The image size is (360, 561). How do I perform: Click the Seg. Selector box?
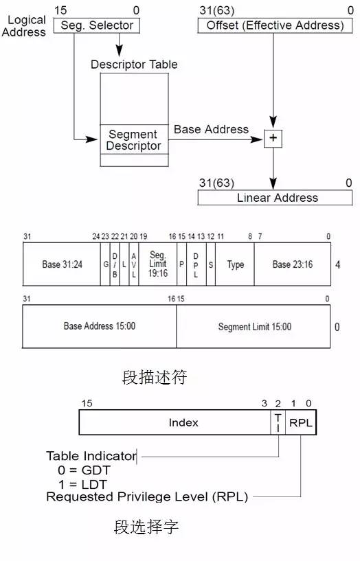[x=97, y=25]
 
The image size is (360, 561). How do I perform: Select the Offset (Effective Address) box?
[x=275, y=25]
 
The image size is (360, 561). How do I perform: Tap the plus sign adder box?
[x=273, y=139]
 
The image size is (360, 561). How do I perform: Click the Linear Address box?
[x=275, y=198]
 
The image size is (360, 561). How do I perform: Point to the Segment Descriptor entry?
[x=134, y=139]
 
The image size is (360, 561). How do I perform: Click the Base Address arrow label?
[x=211, y=129]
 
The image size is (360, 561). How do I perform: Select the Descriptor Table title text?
[x=134, y=65]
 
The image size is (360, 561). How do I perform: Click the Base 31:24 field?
[x=62, y=264]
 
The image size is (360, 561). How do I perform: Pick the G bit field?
[x=105, y=264]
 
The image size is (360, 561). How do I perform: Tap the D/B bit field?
[x=115, y=264]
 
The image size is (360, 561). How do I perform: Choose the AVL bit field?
[x=134, y=264]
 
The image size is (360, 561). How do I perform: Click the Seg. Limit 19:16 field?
[x=158, y=264]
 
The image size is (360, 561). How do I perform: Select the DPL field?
[x=196, y=264]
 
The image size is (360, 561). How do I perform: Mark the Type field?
[x=235, y=264]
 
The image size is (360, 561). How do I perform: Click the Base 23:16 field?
[x=293, y=264]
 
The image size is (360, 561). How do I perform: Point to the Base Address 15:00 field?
[x=100, y=326]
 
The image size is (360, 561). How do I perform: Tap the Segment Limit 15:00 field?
[x=254, y=326]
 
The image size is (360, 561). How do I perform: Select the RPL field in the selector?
[x=301, y=422]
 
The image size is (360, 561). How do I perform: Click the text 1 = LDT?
[x=82, y=485]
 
